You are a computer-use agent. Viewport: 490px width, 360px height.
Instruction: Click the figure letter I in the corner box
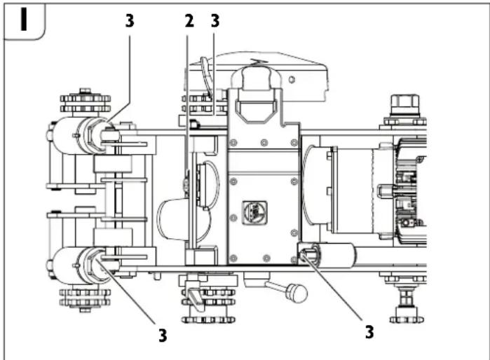click(x=24, y=20)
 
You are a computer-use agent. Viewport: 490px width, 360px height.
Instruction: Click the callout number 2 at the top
click(x=189, y=21)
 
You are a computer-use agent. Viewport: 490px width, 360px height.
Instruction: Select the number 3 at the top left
click(x=129, y=21)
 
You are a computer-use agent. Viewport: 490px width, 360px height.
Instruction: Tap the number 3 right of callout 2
click(x=215, y=21)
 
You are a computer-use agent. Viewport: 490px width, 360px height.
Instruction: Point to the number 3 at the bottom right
click(x=369, y=331)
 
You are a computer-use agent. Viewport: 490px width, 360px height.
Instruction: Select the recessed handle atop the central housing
click(x=254, y=104)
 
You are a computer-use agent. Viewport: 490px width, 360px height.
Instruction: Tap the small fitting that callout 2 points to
click(x=185, y=184)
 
